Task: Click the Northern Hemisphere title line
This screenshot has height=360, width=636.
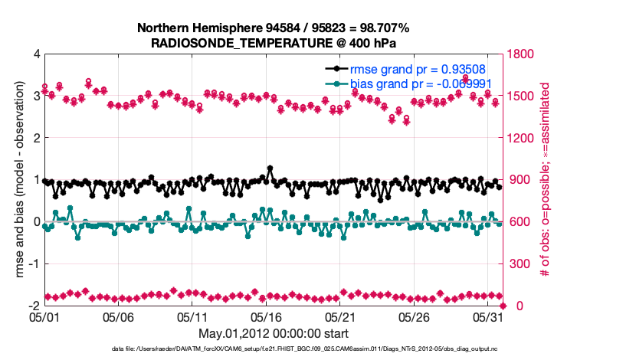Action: point(273,28)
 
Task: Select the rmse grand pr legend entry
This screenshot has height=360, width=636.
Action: point(421,69)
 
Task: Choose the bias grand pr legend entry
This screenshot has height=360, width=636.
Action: point(421,83)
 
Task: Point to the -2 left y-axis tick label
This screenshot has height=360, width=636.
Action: point(34,306)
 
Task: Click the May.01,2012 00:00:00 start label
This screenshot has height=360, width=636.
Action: point(273,333)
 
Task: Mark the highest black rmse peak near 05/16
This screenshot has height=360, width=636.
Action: point(270,168)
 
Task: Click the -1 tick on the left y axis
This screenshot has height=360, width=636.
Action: point(34,264)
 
